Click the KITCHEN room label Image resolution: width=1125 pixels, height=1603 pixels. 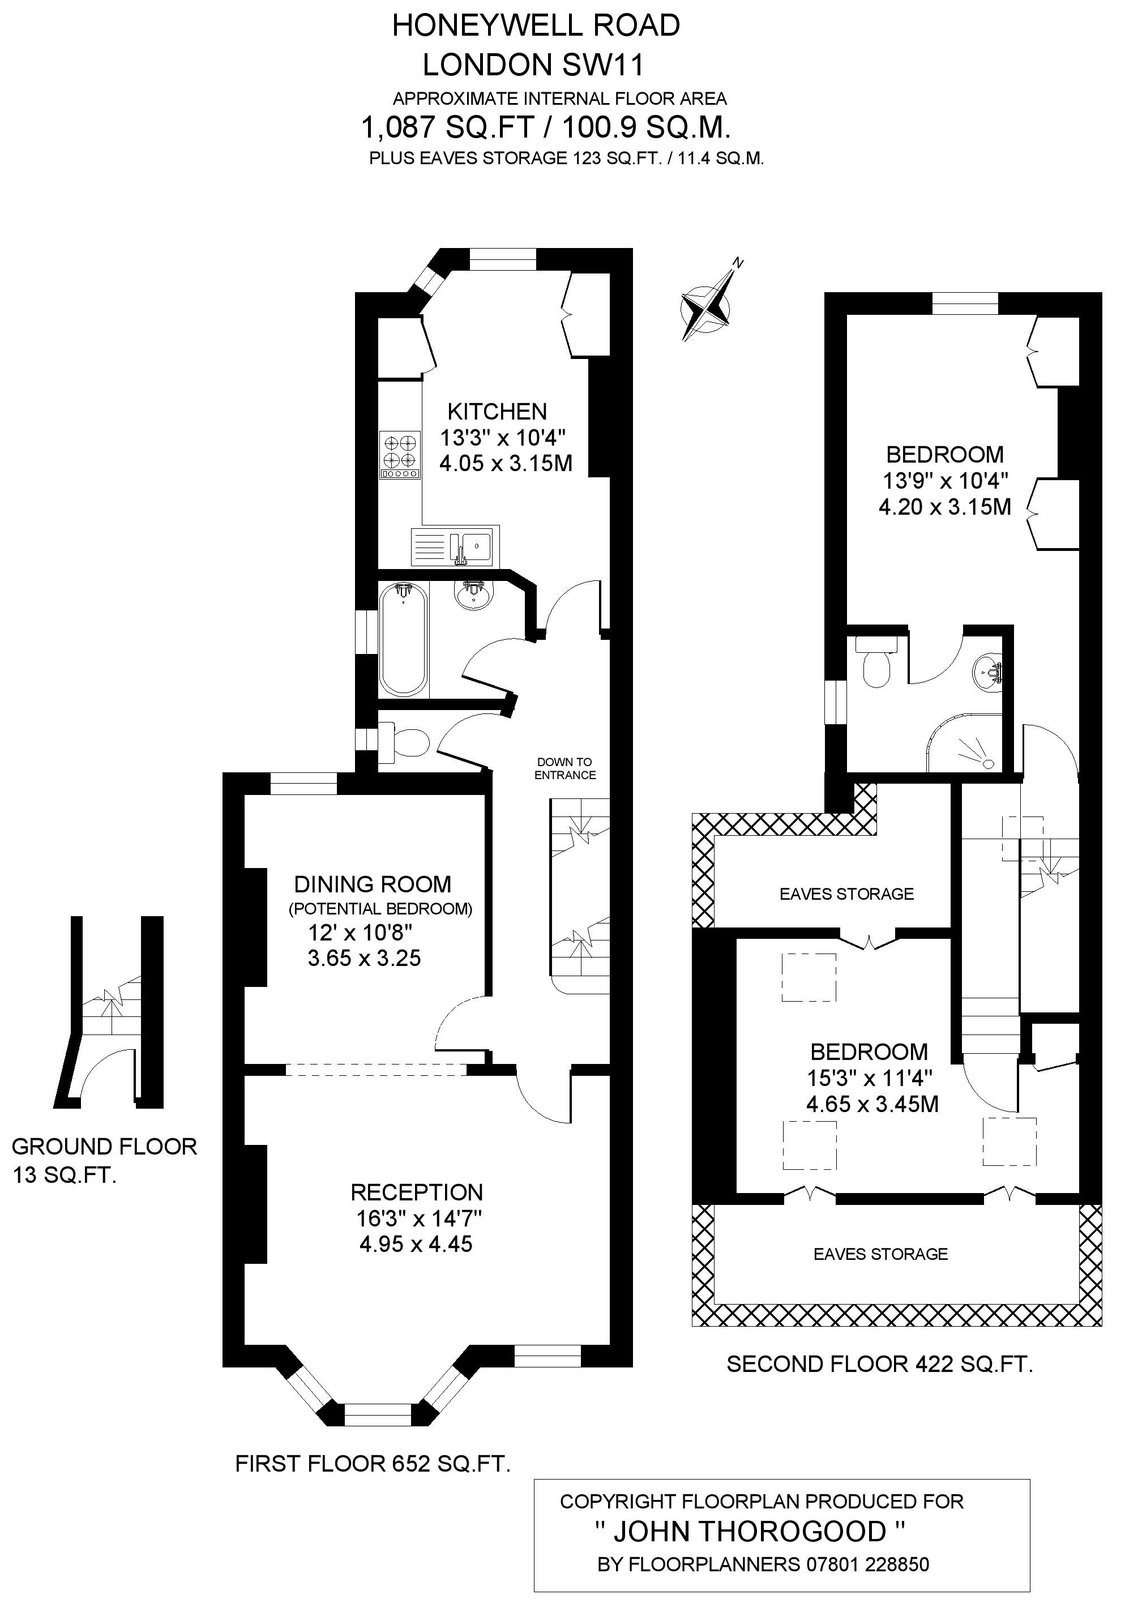(x=497, y=411)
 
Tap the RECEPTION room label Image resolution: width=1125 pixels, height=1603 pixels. (x=416, y=1192)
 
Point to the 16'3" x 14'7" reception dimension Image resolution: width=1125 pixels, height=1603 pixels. (x=419, y=1219)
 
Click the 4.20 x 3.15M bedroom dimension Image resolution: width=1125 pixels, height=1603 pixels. (x=944, y=507)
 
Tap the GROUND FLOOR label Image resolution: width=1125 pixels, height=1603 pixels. (x=105, y=1147)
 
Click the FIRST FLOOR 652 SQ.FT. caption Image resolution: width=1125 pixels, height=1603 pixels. (x=373, y=1463)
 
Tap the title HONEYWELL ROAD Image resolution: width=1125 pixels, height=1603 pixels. (x=536, y=26)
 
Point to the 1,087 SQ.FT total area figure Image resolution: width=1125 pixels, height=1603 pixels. (x=448, y=128)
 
